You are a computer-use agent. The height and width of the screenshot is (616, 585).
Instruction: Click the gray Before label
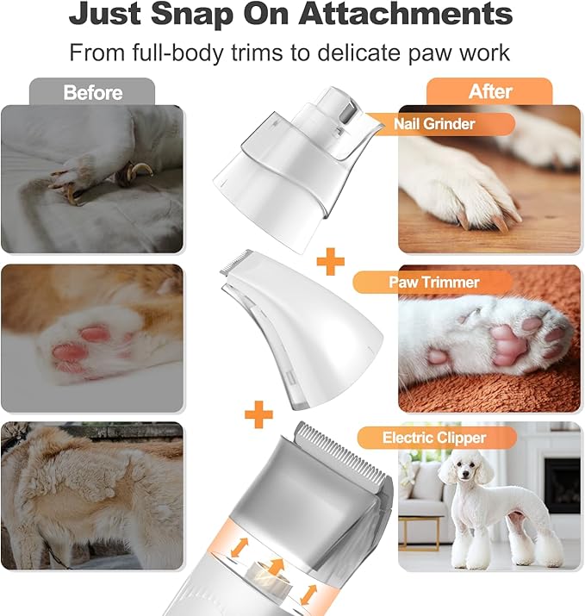pos(91,91)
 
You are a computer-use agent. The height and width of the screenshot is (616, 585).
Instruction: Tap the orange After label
pos(489,91)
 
